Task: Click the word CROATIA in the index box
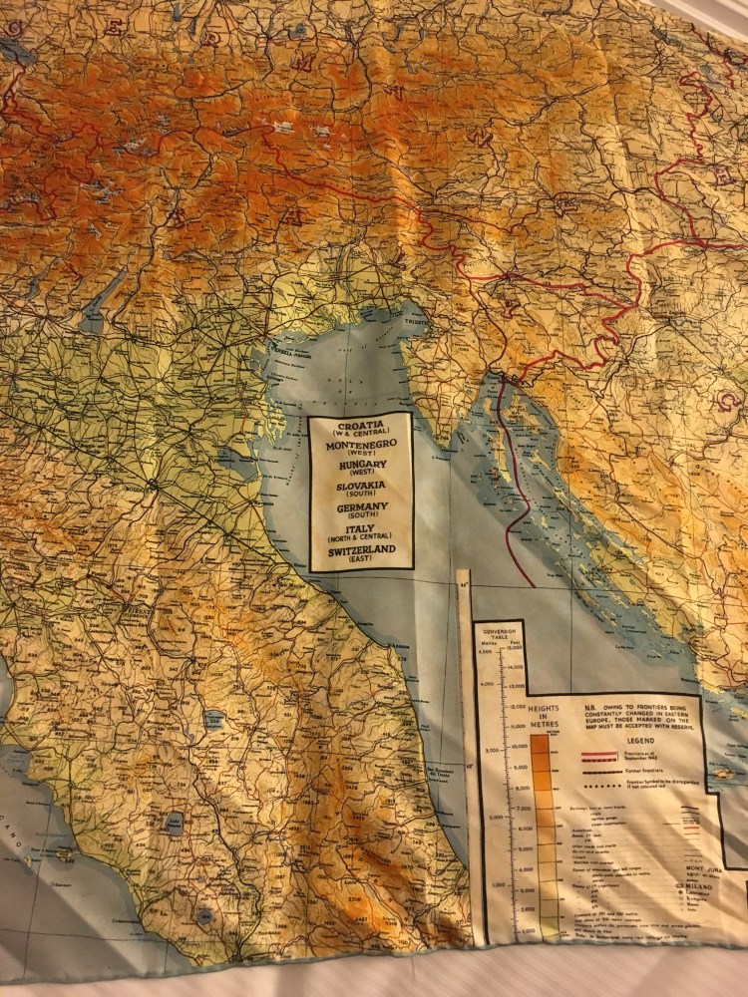[360, 425]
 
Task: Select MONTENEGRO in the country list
[360, 447]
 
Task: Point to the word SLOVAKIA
[360, 486]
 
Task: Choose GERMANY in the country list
[360, 507]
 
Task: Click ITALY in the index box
[360, 529]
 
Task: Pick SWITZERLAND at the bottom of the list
[360, 550]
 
